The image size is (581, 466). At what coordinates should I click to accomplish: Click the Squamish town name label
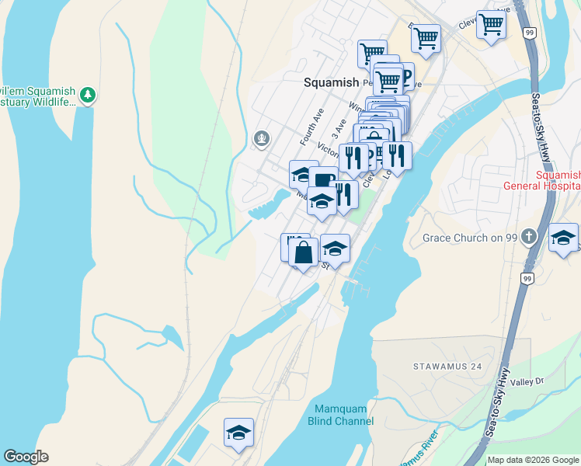(331, 82)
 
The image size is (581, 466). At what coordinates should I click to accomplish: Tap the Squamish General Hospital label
(541, 180)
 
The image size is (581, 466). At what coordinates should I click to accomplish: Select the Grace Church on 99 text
(469, 237)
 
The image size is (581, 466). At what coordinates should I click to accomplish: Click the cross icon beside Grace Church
(529, 236)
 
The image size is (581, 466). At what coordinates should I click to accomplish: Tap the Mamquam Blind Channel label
(345, 416)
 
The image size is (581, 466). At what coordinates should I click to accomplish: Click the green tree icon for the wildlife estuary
(89, 95)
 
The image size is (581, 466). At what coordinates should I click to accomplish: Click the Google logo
(26, 457)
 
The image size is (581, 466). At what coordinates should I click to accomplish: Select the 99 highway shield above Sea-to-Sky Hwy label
(529, 33)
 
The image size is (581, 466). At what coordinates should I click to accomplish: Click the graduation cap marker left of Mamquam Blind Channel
(239, 433)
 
